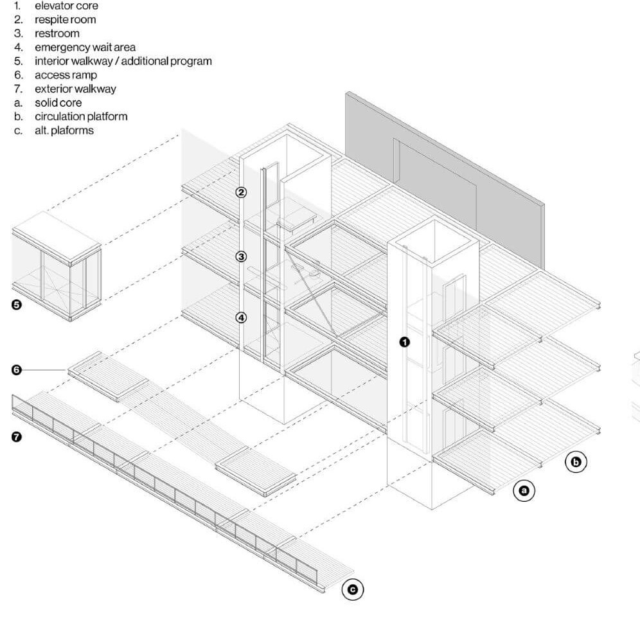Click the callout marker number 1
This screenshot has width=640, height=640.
(x=404, y=342)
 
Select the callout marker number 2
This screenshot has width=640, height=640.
(x=241, y=192)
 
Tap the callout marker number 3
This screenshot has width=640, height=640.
(x=241, y=256)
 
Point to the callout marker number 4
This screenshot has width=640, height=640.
(x=241, y=317)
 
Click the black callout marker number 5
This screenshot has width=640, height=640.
(x=17, y=305)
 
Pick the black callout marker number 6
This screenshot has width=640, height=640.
(x=17, y=369)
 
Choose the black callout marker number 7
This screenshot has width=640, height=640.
(x=17, y=437)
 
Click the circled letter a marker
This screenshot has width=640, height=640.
(x=524, y=491)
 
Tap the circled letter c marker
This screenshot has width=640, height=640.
(x=352, y=589)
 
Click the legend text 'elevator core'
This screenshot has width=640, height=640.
(x=66, y=6)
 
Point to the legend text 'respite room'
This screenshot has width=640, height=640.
(x=65, y=19)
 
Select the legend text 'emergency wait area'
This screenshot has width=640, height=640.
(x=85, y=47)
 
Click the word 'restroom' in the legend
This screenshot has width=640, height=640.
(x=57, y=33)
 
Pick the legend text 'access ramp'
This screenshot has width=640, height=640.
(x=66, y=75)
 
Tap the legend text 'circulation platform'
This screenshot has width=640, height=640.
(x=81, y=116)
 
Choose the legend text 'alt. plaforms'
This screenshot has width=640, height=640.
(x=64, y=130)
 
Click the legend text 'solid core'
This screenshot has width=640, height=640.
(x=58, y=103)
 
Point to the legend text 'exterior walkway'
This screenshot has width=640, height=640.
(x=75, y=89)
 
